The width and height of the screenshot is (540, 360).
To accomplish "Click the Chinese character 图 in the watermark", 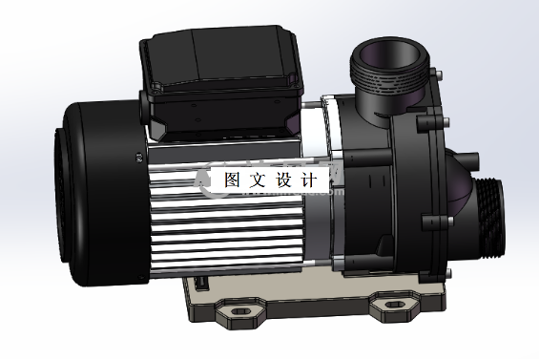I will point(232,180).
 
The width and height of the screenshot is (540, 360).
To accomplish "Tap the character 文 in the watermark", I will point(257,180).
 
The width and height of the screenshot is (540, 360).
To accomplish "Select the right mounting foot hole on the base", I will point(391,306).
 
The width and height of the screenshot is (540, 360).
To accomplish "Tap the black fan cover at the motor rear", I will point(91,191).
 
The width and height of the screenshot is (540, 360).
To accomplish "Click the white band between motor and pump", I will point(329,172).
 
